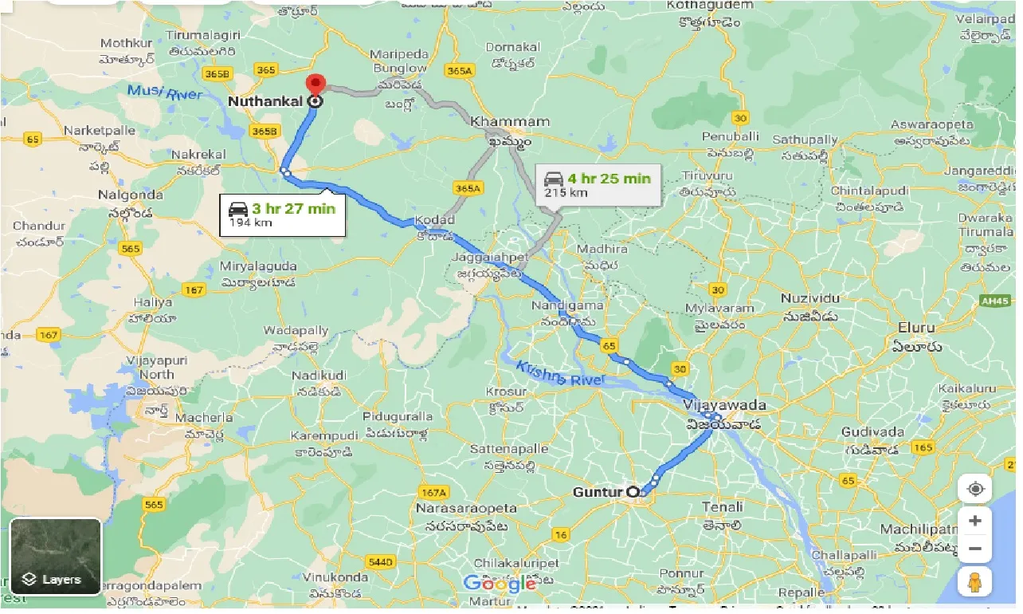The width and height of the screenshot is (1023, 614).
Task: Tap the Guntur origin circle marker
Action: [635, 492]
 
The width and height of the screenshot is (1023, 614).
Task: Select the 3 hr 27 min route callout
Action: [283, 215]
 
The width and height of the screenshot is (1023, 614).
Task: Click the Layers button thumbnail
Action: [56, 556]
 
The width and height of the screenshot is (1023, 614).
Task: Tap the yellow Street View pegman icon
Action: [974, 583]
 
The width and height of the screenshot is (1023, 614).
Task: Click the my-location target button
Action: [974, 488]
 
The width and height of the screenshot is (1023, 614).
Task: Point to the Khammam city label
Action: [510, 122]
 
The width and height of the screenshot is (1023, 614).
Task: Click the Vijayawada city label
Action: [724, 405]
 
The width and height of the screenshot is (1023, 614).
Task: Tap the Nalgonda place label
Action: [130, 195]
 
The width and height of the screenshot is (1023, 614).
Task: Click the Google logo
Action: [500, 583]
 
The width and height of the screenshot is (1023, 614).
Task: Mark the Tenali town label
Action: [723, 506]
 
